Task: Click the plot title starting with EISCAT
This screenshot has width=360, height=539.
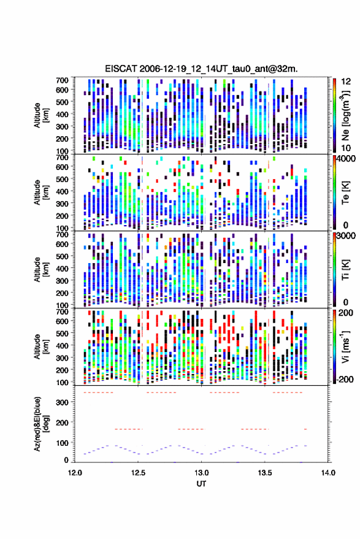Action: point(201,69)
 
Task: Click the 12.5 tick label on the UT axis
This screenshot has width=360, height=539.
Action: point(138,473)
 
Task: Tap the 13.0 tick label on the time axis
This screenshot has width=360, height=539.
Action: point(201,473)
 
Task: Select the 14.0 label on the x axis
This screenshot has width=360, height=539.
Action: point(328,473)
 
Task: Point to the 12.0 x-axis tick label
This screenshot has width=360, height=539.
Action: point(75,473)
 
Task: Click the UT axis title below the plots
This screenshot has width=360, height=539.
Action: point(201,484)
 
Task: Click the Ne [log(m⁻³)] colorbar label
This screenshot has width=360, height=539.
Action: point(345,115)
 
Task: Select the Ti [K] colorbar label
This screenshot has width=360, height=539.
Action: point(345,269)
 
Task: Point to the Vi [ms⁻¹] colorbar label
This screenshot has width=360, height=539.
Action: point(345,346)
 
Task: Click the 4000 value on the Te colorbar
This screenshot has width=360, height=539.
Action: point(347,159)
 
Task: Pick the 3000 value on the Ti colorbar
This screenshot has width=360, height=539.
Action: point(347,236)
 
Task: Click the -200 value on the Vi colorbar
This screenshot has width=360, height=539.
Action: point(343,380)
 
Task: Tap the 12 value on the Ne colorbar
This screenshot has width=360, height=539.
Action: point(347,82)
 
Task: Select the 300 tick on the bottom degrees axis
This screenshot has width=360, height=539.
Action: point(62,402)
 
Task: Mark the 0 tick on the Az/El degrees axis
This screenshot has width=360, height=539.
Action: point(66,460)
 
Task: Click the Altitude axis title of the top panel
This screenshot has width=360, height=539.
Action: point(42,115)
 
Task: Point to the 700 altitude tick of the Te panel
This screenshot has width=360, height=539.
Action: point(62,157)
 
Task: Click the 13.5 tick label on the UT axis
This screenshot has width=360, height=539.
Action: point(265,473)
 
